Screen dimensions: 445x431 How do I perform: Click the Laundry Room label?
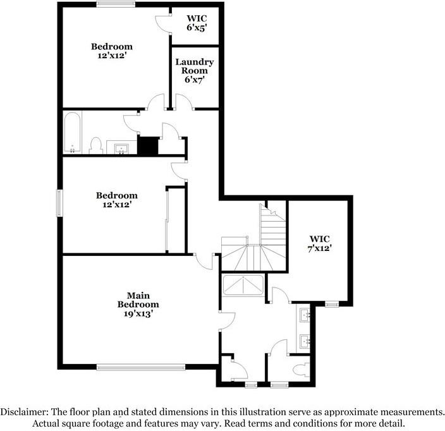(x=195, y=66)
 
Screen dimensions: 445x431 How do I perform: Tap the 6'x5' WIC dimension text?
(x=197, y=28)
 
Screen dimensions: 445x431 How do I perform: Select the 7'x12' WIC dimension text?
(x=320, y=248)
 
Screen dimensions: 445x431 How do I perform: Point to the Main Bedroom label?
(x=138, y=300)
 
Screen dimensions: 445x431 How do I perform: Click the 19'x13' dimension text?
(x=138, y=313)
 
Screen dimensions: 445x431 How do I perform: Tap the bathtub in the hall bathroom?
(x=72, y=133)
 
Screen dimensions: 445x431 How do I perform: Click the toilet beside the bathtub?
(x=95, y=145)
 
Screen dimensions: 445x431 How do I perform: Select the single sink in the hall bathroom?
(x=121, y=149)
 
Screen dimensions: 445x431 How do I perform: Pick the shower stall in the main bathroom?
(x=243, y=285)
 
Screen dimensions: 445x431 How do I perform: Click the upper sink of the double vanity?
(x=305, y=315)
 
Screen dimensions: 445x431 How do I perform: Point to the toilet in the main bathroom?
(x=302, y=370)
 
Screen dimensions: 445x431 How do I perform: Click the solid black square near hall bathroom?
(x=147, y=146)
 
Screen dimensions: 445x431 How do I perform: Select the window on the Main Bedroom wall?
(x=141, y=367)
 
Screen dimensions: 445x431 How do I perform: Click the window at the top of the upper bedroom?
(x=116, y=4)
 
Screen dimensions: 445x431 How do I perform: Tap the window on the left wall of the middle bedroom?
(x=59, y=203)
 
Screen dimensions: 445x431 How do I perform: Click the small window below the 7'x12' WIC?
(x=332, y=305)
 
